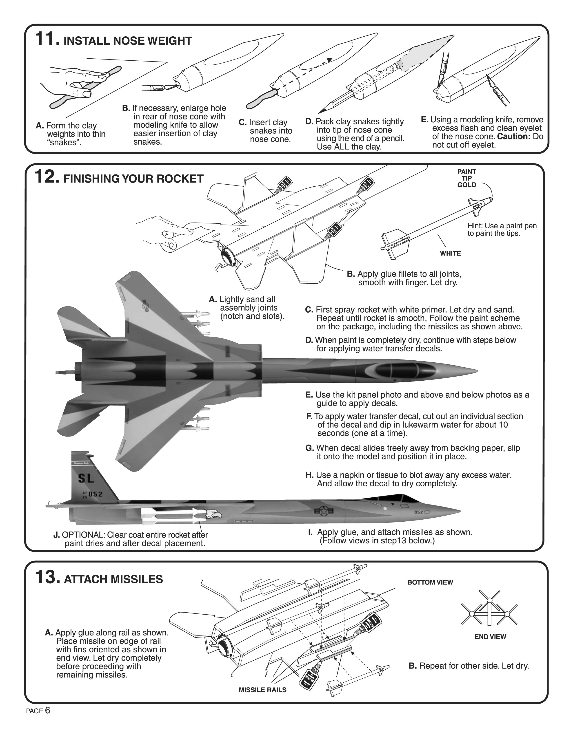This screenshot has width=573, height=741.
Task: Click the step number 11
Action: tap(47, 39)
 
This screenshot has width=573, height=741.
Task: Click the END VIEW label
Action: tap(490, 637)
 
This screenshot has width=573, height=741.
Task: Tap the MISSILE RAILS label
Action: tap(262, 690)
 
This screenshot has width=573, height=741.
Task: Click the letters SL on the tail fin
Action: tap(86, 479)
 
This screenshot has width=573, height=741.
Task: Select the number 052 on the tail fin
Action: tap(95, 494)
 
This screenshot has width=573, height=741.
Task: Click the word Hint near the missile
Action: tap(475, 226)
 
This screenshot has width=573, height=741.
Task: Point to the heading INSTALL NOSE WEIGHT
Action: tap(128, 41)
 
